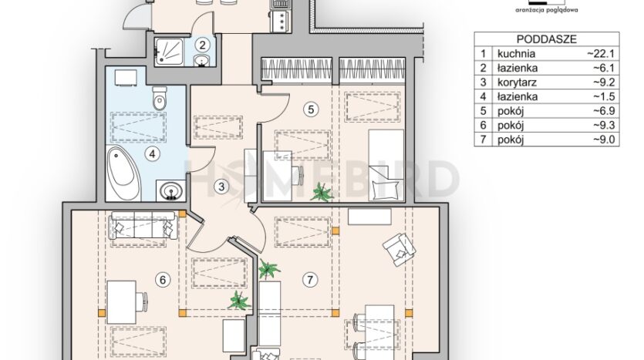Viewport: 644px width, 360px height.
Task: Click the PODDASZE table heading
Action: coord(546,39)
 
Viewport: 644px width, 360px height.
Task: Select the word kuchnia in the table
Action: coord(516,54)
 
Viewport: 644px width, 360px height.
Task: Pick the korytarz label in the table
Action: coord(517,82)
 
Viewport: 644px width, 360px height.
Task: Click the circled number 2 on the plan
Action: coord(201,44)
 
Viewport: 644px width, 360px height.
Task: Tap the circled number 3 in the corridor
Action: coord(221,187)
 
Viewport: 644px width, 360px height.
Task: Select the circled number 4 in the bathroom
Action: coord(153,154)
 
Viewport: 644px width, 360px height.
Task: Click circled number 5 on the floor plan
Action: coord(311,109)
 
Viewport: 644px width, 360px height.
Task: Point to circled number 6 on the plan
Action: coord(163,280)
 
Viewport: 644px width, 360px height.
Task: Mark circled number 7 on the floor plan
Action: coord(310,280)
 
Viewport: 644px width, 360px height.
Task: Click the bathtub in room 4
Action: coord(123,173)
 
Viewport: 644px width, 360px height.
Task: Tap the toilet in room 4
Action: coord(160,97)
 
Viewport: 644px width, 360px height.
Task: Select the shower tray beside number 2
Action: coord(168,52)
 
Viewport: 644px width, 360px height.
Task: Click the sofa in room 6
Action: coord(143,225)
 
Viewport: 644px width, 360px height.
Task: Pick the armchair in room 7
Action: coord(400,249)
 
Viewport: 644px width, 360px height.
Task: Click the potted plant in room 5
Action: coord(322,192)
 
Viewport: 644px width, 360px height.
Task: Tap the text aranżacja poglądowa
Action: coord(546,10)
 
